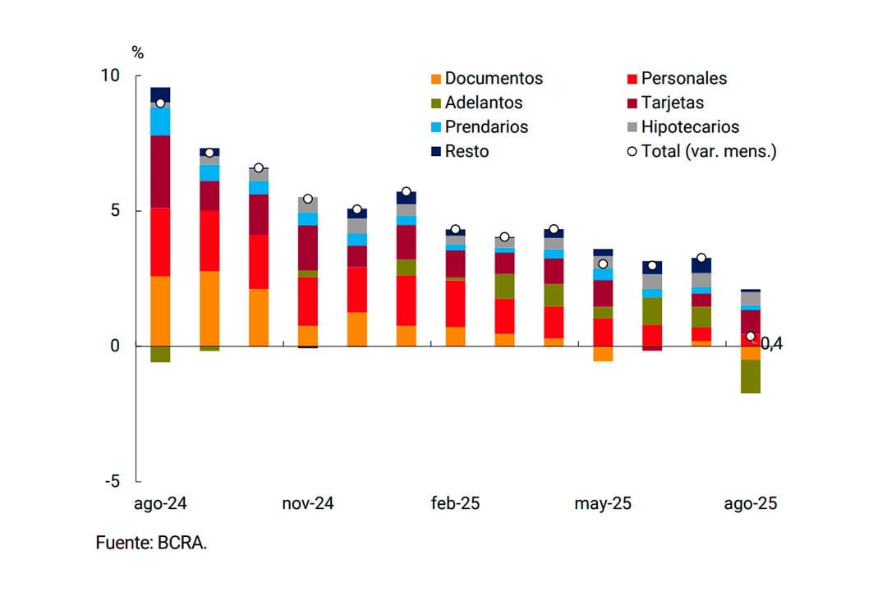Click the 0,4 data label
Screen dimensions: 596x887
[x=772, y=344]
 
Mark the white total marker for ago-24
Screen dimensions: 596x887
[x=160, y=103]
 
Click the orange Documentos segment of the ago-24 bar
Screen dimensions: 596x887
[x=160, y=312]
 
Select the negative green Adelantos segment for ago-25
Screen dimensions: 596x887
[x=750, y=377]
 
